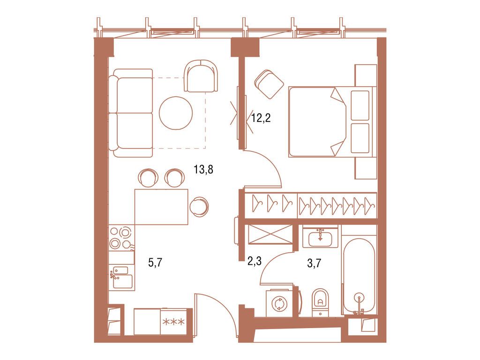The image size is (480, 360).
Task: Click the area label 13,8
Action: [x=203, y=170]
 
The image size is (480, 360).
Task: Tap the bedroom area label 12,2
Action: [x=261, y=118]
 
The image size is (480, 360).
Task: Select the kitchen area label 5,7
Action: [x=156, y=263]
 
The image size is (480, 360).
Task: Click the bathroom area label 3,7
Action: [x=314, y=263]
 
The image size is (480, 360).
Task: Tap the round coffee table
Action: [x=176, y=113]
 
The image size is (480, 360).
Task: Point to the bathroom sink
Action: [x=321, y=238]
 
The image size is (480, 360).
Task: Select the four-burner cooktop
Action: [x=120, y=238]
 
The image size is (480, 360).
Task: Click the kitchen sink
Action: [x=121, y=277]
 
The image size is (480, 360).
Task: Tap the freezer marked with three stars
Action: [x=173, y=322]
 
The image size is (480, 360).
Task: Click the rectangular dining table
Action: [x=161, y=207]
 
